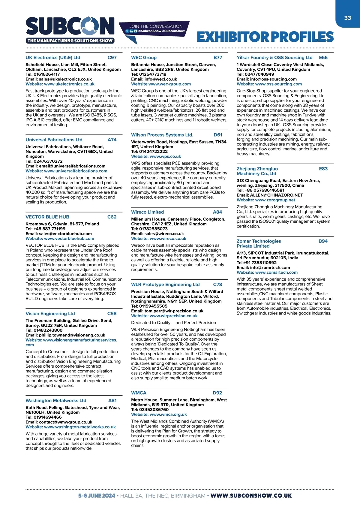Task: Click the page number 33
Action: coord(347,18)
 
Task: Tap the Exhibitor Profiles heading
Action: coord(265,37)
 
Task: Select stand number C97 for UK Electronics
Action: coord(112,58)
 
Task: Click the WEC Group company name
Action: coord(144,58)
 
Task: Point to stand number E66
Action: coord(323,58)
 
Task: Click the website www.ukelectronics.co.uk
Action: coord(69,84)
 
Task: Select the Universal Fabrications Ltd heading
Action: coord(54,140)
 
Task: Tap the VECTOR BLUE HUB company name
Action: coord(47,217)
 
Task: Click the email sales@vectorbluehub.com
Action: coord(65,234)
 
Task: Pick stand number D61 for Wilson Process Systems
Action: coord(218,135)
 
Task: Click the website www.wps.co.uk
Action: coord(165,156)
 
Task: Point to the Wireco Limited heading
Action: coord(147,212)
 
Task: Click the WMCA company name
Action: coord(139,393)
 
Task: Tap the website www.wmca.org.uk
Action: coord(168,414)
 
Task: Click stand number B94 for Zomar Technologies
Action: coord(323,241)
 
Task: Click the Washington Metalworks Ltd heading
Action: coord(56,401)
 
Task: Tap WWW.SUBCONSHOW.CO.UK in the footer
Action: coord(251,496)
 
